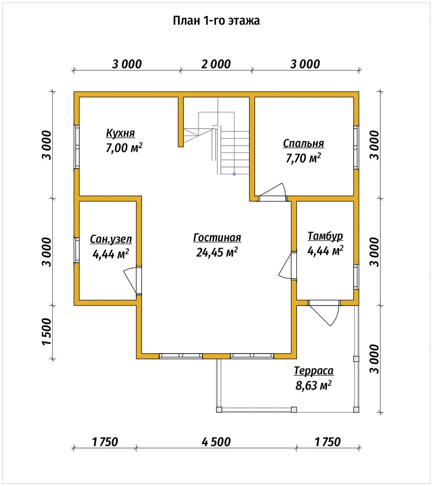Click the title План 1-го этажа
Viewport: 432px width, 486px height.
pyautogui.click(x=216, y=21)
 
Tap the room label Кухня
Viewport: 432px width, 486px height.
pyautogui.click(x=120, y=133)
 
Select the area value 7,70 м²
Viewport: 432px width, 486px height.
pyautogui.click(x=303, y=158)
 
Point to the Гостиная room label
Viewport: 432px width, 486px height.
pyautogui.click(x=217, y=237)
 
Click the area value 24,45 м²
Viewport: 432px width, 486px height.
pyautogui.click(x=217, y=252)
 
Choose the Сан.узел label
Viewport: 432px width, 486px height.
pyautogui.click(x=111, y=239)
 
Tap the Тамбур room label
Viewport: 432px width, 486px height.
pyautogui.click(x=325, y=236)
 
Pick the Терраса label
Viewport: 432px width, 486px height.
pyautogui.click(x=314, y=371)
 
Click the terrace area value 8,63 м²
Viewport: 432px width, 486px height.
pyautogui.click(x=313, y=385)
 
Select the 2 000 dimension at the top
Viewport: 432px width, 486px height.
pyautogui.click(x=216, y=64)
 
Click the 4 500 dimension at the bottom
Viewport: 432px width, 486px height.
pyautogui.click(x=216, y=442)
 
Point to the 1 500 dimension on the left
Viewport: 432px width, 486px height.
pyautogui.click(x=47, y=332)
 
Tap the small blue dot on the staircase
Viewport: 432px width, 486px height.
pyautogui.click(x=234, y=174)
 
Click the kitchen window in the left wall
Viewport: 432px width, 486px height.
pyautogui.click(x=77, y=147)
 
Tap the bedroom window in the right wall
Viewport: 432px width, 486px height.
pyautogui.click(x=356, y=147)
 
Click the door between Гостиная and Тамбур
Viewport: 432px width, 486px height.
pyautogui.click(x=288, y=265)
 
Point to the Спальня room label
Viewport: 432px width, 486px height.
pyautogui.click(x=303, y=144)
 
